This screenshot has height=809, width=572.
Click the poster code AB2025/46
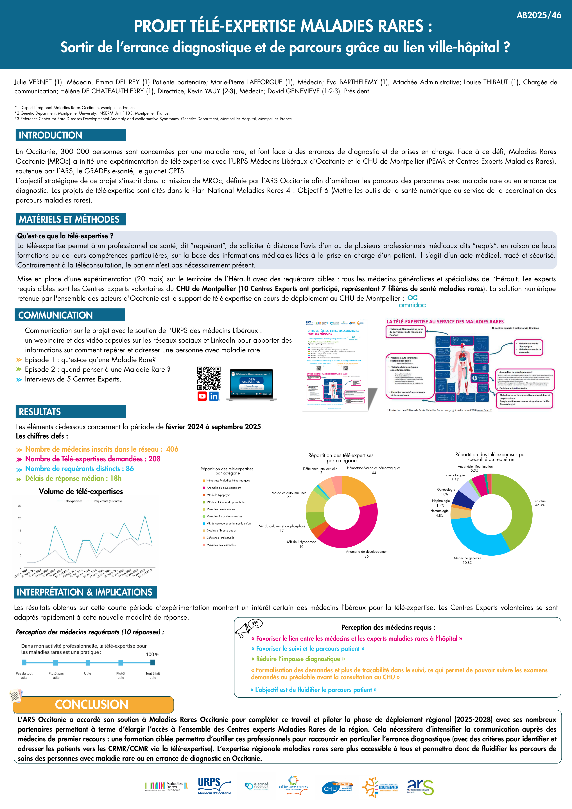tap(539, 15)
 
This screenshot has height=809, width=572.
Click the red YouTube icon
tap(202, 396)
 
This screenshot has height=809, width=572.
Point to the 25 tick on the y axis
tap(20, 506)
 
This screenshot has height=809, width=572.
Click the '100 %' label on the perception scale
tap(152, 654)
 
